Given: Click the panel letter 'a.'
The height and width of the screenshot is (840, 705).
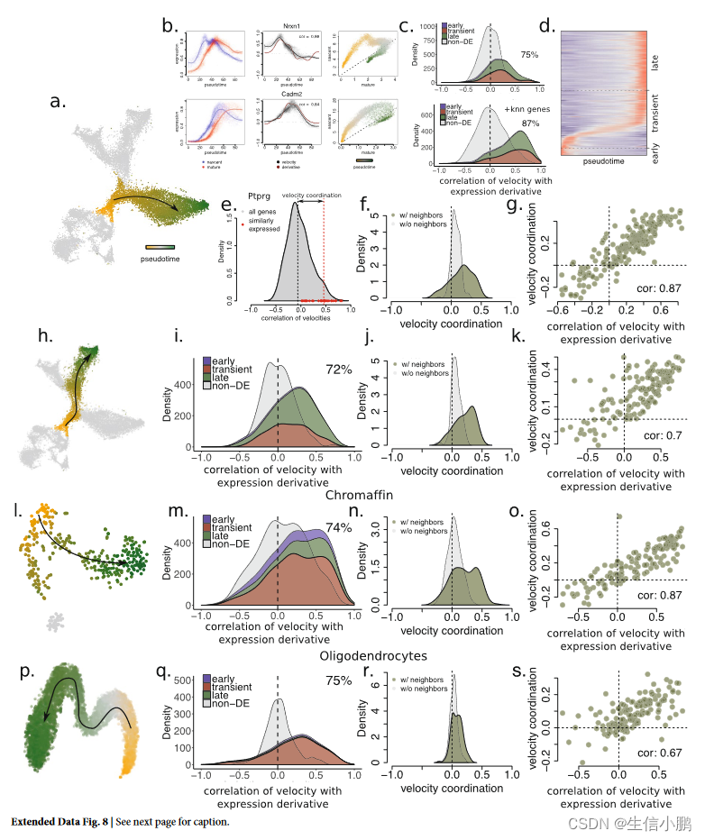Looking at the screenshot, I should [59, 102].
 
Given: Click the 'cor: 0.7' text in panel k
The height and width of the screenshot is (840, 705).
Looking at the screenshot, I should [665, 434].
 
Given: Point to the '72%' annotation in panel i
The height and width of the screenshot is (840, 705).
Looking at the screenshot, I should [339, 369].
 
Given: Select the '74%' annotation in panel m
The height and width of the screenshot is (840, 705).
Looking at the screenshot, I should [339, 529].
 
